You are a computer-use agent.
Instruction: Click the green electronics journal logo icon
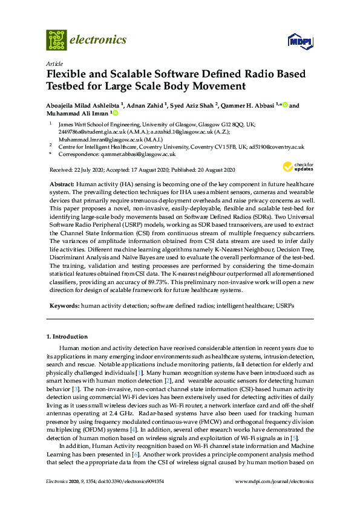point(56,39)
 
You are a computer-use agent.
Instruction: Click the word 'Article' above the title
point(54,63)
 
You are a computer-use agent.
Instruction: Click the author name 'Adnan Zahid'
point(145,105)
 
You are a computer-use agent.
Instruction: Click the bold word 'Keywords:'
point(64,306)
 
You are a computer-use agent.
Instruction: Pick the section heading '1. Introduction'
point(68,336)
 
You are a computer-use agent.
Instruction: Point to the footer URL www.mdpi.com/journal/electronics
point(277,482)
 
